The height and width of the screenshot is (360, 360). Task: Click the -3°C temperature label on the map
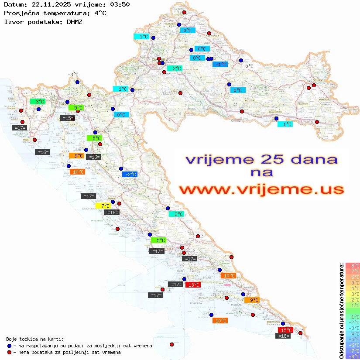click(x=72, y=75)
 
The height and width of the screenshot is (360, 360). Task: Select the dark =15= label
click(x=67, y=118)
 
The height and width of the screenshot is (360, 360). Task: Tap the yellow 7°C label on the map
click(x=105, y=206)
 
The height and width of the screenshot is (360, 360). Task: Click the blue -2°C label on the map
click(x=130, y=175)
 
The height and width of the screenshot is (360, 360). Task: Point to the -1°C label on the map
click(x=220, y=65)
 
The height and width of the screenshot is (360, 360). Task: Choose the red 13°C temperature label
click(x=193, y=285)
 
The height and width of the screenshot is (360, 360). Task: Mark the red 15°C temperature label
click(x=285, y=330)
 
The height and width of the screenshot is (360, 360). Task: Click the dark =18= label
click(x=284, y=336)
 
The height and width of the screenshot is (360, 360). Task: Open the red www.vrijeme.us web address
click(x=261, y=190)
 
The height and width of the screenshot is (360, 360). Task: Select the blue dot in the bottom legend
click(x=9, y=346)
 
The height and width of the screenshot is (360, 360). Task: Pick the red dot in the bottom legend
click(x=9, y=352)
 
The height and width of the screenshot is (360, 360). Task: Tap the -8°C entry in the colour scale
click(x=353, y=356)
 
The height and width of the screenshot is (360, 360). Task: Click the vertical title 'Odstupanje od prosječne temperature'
click(x=341, y=311)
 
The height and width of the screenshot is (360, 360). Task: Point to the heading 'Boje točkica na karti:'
click(x=35, y=339)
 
